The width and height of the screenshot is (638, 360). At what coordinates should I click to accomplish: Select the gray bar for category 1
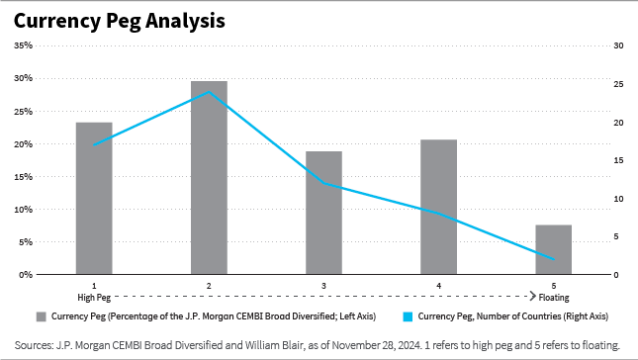(94, 198)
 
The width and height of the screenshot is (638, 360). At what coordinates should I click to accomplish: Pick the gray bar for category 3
(323, 213)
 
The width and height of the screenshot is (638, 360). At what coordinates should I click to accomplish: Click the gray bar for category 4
(438, 207)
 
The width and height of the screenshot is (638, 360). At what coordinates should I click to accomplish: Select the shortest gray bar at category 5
(553, 249)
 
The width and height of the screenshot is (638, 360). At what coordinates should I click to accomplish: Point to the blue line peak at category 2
(209, 92)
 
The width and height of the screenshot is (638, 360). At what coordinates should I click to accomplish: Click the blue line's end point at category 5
(553, 260)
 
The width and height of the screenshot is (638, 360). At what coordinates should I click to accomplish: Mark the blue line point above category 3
(323, 183)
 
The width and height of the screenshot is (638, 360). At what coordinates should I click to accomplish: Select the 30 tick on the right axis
(618, 45)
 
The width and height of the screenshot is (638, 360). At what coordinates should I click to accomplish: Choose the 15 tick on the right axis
(618, 160)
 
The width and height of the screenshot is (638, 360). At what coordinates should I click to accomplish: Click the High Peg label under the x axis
(94, 296)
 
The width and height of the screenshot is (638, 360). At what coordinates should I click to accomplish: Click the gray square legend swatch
(42, 316)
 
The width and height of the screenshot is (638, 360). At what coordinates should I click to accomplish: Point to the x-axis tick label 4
(438, 285)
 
